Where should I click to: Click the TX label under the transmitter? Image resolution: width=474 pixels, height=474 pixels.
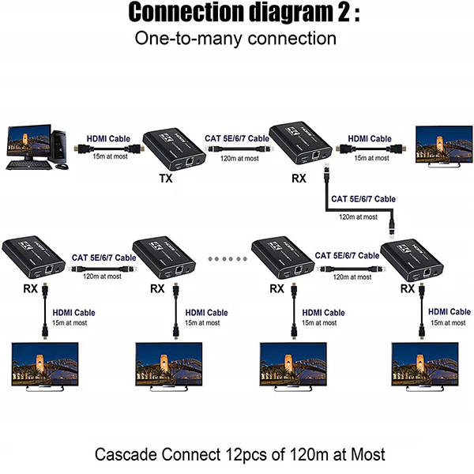click(x=166, y=179)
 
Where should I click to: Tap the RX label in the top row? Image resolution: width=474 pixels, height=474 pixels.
click(x=299, y=179)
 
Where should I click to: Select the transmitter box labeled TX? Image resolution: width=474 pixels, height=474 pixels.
click(x=175, y=149)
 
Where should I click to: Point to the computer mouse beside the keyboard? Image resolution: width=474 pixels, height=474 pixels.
click(x=62, y=166)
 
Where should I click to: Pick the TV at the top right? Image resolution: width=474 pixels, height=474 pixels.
click(x=444, y=146)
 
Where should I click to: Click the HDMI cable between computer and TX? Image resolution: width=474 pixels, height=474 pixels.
click(x=109, y=149)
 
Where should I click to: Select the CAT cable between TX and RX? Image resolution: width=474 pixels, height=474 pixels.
click(x=239, y=149)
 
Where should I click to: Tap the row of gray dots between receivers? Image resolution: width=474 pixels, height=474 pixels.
click(x=228, y=259)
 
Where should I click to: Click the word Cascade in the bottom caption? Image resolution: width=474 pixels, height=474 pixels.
click(x=126, y=454)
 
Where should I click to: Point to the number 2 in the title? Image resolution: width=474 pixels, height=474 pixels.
click(x=344, y=12)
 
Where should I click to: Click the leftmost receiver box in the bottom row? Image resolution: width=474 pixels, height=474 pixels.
click(x=33, y=257)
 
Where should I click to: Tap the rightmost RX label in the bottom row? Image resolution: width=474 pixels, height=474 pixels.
click(x=408, y=288)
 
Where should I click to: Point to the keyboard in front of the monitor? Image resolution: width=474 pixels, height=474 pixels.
click(x=30, y=165)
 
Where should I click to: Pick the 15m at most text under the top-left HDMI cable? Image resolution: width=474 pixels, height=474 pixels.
click(x=110, y=156)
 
